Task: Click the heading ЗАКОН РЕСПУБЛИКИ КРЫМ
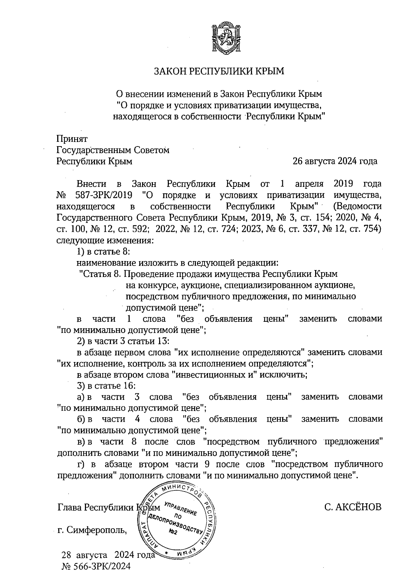click(x=219, y=72)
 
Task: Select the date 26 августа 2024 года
click(x=335, y=161)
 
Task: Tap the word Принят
click(x=72, y=138)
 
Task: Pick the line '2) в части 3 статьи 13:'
click(x=123, y=341)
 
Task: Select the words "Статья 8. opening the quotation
click(x=100, y=274)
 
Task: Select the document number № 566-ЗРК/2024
click(x=96, y=566)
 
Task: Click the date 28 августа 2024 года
click(x=108, y=555)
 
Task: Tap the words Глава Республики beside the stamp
click(x=95, y=507)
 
